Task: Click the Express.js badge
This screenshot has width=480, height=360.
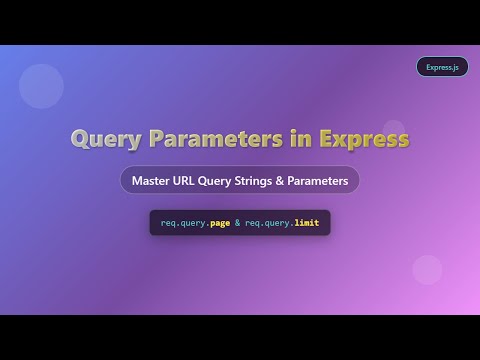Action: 442,67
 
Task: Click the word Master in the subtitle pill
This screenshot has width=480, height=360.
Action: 153,181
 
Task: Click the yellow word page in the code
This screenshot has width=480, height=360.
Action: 220,223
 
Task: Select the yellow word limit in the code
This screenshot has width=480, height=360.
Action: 307,223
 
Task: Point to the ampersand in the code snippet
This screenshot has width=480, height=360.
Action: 237,223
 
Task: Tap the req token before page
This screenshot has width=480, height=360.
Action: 167,223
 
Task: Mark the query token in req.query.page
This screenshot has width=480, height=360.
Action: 193,223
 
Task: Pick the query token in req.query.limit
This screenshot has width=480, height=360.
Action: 277,223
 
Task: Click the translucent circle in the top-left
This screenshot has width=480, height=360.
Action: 41,85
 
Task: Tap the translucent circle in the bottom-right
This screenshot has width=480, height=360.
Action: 427,270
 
